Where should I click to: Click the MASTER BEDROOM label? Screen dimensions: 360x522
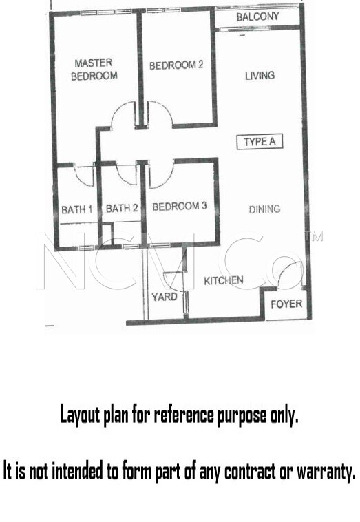pos(94,70)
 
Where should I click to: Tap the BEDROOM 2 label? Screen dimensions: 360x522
pos(176,65)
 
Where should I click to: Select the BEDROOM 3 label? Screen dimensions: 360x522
pos(180,207)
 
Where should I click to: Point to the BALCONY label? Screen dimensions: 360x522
pos(257,17)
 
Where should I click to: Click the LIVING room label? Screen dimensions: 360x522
pos(260,76)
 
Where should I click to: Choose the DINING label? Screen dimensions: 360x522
pos(264,209)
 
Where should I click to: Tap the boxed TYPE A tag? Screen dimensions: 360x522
pos(260,142)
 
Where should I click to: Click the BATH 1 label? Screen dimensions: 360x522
pos(77,209)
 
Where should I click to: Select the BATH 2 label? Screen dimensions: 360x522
pos(122,209)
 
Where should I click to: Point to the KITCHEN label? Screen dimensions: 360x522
pos(224,281)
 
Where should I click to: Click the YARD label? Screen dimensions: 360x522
pos(165,297)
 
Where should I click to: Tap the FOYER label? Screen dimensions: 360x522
pos(286,304)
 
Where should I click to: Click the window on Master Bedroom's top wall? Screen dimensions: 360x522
pos(106,12)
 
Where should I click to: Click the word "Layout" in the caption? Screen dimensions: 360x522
pos(80,415)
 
